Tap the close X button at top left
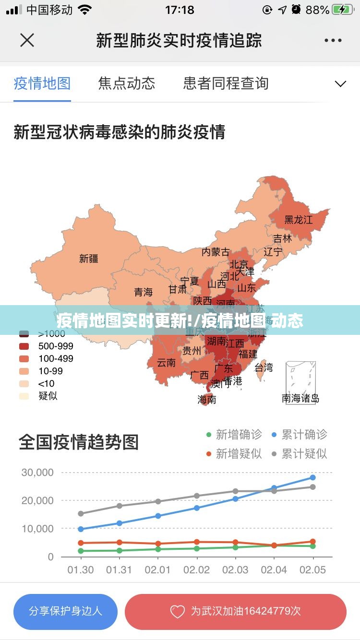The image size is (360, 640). [27, 40]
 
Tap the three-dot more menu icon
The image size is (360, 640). [333, 41]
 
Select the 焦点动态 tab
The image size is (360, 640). [127, 83]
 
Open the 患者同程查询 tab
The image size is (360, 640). [226, 83]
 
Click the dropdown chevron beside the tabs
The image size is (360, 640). [340, 84]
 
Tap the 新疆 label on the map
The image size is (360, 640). [89, 259]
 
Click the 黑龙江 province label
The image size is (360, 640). [298, 220]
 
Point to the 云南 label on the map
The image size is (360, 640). [166, 363]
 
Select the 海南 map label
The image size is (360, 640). [207, 399]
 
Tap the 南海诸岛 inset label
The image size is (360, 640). [300, 398]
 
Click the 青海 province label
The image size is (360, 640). [143, 292]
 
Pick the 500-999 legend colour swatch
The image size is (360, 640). [24, 346]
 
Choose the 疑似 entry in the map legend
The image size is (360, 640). [48, 396]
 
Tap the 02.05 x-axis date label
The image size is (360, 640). [312, 570]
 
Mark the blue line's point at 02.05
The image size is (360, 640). [313, 477]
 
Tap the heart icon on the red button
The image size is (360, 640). [178, 612]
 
